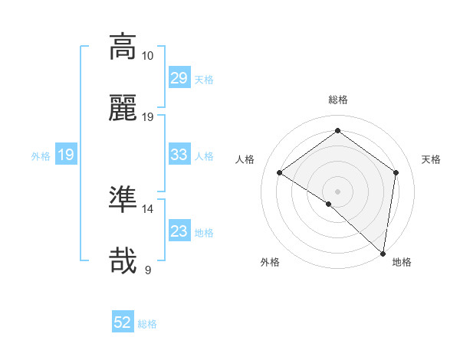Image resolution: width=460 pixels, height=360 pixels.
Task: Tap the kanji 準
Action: (123, 199)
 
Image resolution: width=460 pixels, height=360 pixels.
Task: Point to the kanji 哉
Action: (123, 260)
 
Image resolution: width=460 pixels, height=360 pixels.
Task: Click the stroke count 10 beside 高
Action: (147, 56)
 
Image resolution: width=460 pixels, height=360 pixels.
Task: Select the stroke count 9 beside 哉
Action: (147, 270)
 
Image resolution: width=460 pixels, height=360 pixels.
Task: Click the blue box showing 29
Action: (179, 78)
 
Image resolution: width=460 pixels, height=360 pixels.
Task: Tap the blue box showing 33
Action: (179, 155)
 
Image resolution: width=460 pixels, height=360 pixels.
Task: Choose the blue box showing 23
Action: (179, 231)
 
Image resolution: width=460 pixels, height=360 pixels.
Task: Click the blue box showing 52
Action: (123, 323)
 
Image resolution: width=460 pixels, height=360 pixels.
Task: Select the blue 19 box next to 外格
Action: (65, 155)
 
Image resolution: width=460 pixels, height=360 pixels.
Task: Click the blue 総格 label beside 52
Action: (147, 324)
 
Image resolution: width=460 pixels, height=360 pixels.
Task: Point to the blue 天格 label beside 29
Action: (204, 79)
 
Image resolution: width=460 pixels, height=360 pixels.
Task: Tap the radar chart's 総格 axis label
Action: (337, 100)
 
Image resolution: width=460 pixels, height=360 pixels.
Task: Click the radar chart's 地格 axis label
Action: (402, 262)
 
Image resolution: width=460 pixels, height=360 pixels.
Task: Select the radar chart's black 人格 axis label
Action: (245, 159)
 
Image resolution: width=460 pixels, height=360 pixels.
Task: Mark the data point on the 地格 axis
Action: (383, 253)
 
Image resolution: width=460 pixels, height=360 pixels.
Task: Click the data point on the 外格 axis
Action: (328, 204)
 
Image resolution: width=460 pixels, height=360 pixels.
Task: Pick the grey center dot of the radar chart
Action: (337, 191)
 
